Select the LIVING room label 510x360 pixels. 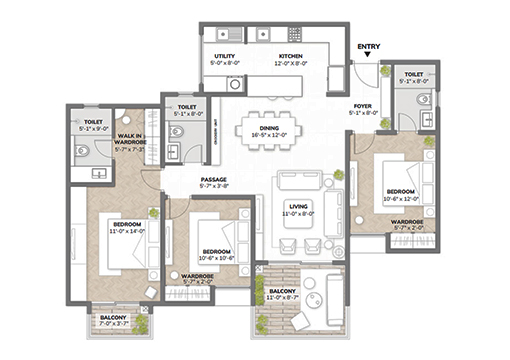[x=298, y=205]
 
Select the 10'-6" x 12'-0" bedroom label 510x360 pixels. [x=402, y=191]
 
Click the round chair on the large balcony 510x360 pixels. [x=310, y=291]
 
